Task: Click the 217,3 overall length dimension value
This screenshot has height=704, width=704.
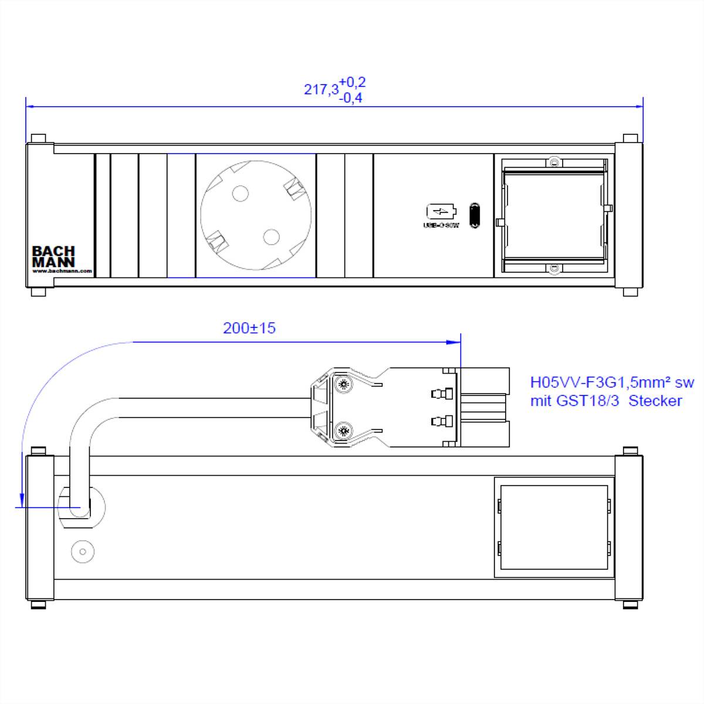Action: (321, 90)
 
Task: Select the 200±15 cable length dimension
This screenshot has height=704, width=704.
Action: (249, 329)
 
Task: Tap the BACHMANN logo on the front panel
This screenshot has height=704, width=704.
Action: (53, 256)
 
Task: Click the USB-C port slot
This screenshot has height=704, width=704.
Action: (474, 215)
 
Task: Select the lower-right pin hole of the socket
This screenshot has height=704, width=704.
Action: (270, 236)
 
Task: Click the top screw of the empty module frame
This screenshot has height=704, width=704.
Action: (553, 161)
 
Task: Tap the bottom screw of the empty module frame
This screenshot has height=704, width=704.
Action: (553, 269)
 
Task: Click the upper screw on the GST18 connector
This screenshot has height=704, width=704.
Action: (343, 385)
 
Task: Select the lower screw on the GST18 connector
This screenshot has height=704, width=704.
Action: (343, 432)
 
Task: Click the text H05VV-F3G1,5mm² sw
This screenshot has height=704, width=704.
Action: (611, 383)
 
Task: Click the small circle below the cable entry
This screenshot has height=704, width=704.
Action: (83, 552)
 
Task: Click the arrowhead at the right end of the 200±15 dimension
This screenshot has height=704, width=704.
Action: (455, 341)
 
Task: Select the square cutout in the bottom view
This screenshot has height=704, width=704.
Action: (554, 527)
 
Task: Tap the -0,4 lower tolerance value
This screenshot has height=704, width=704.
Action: (351, 98)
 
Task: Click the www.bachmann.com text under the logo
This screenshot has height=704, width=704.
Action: (62, 271)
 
